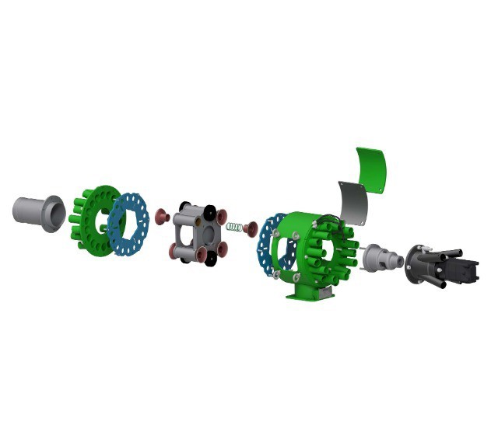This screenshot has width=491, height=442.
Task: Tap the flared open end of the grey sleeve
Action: [54, 214]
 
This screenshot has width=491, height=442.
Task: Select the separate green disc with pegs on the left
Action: [88, 221]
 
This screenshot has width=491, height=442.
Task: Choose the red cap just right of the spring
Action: [251, 230]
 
